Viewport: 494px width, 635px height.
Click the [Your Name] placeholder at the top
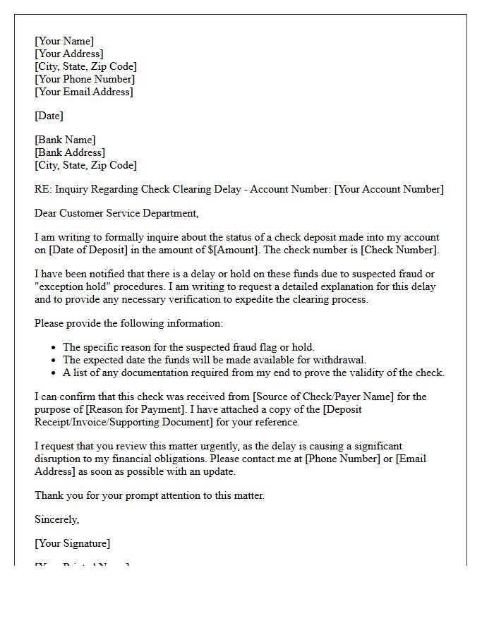point(64,41)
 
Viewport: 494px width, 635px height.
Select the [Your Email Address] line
point(84,92)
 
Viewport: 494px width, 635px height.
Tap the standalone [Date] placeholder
point(49,116)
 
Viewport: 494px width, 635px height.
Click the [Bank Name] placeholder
point(65,140)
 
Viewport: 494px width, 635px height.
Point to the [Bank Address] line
point(70,152)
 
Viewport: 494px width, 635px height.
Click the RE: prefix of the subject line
point(43,189)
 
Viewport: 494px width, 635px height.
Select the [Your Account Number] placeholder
point(389,189)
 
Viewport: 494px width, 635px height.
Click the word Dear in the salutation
point(47,213)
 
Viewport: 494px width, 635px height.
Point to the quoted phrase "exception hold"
point(71,286)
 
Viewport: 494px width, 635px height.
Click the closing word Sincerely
point(56,519)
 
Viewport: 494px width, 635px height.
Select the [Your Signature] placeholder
point(73,543)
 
